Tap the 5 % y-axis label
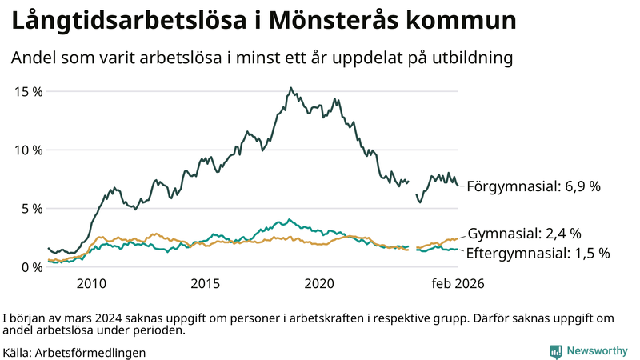click(32, 209)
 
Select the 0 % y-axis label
click(32, 267)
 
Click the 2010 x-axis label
click(91, 283)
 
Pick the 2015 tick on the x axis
click(206, 283)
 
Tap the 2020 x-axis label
click(320, 283)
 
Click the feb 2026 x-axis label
click(458, 283)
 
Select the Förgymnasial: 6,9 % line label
click(534, 186)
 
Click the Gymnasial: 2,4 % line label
click(524, 234)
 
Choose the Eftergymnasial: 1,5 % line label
click(538, 253)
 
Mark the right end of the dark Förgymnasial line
click(458, 186)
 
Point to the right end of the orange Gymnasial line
click(458, 238)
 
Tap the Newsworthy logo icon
click(555, 351)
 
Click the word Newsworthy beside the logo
click(598, 351)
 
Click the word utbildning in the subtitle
click(470, 58)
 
